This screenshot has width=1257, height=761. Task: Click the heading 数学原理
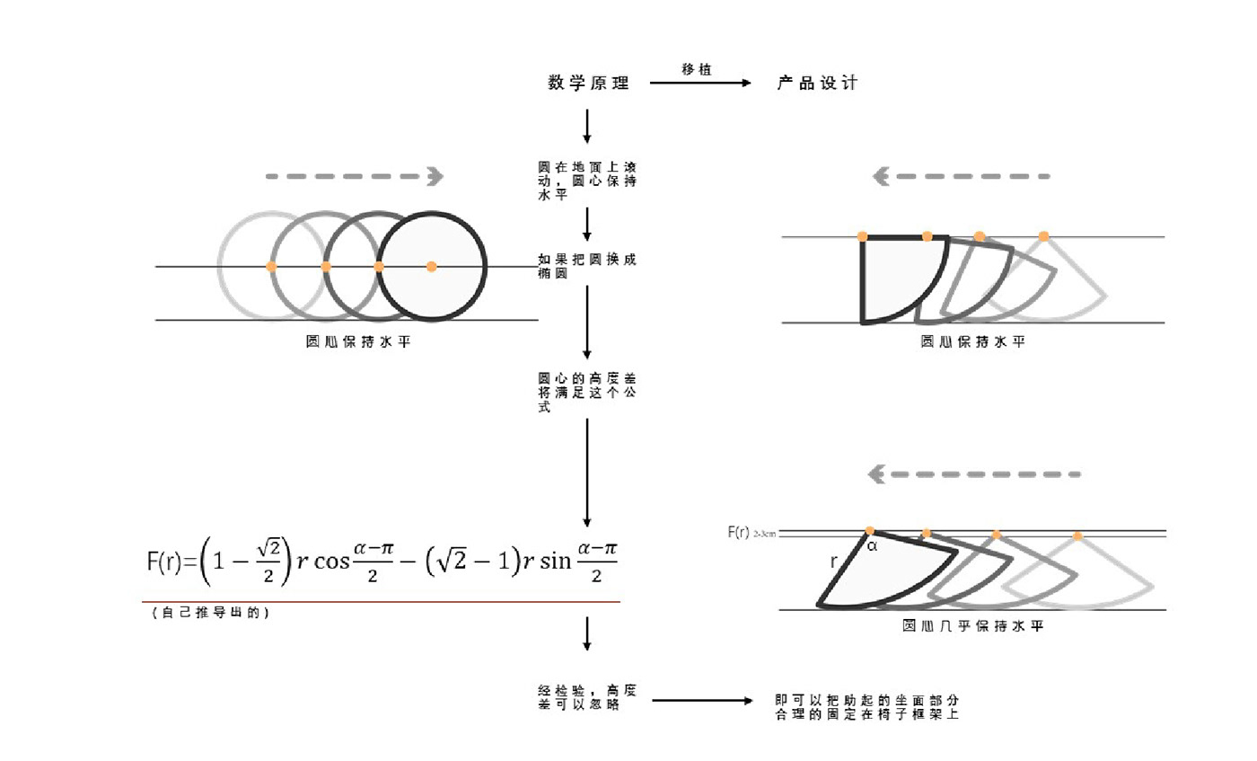588,84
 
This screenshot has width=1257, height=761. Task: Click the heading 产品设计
817,84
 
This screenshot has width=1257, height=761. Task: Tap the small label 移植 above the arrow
697,69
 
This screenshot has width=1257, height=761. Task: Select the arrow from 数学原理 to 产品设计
699,84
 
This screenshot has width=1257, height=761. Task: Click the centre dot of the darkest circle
431,267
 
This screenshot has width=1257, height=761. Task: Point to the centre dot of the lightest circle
271,267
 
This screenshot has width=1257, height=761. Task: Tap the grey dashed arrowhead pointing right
435,176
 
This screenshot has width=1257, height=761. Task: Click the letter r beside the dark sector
834,562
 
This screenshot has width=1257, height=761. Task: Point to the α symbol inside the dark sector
872,544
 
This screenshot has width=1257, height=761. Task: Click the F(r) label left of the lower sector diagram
739,532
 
